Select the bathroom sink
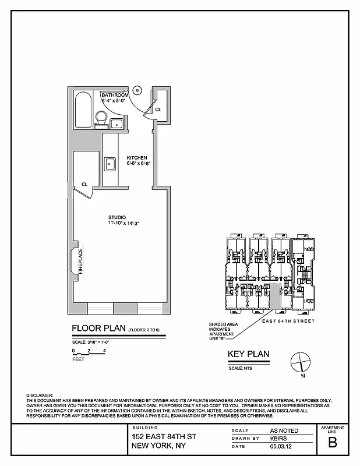pos(115,123)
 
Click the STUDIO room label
pos(117,217)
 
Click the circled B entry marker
pos(137,90)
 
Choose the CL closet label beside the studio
pos(84,184)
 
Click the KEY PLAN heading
pos(248,354)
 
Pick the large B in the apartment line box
pos(333,442)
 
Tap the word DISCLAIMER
pos(40,396)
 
